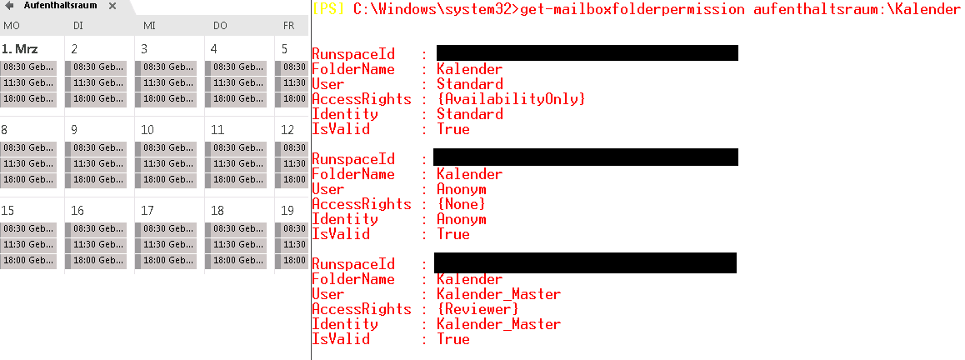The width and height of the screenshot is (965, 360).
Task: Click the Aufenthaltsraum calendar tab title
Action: [60, 6]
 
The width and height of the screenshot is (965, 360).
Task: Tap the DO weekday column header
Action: [220, 26]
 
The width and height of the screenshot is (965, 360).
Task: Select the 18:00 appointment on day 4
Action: [238, 99]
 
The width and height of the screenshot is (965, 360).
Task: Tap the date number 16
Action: [77, 211]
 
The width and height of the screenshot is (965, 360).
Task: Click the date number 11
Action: [217, 130]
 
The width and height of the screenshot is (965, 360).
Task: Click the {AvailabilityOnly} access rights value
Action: [511, 99]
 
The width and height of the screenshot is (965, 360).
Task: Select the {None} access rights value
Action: [461, 204]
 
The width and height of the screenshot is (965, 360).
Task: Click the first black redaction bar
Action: [587, 53]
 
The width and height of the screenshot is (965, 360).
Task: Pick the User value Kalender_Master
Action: [498, 294]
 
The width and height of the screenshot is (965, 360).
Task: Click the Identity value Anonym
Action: [461, 219]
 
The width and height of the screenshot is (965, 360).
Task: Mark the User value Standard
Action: [469, 84]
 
